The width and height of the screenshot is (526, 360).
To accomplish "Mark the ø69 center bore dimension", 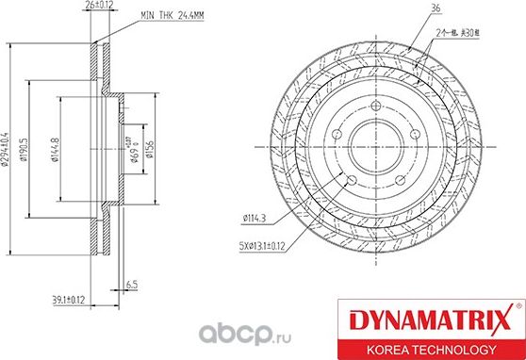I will point(135,152).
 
